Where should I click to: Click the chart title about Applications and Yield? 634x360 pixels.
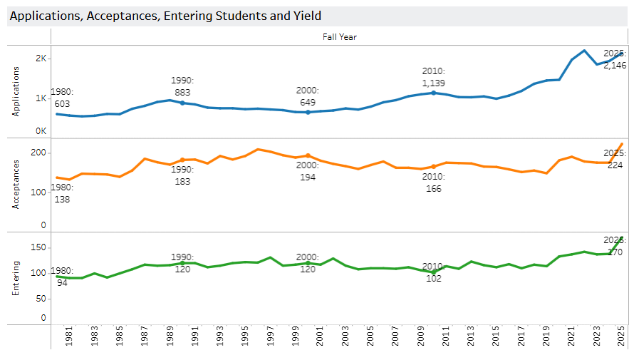tap(165, 15)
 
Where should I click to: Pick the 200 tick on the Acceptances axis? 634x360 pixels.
tap(38, 153)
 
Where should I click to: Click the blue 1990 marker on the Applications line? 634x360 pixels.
tap(182, 103)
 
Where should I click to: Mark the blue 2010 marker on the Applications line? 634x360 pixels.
tap(433, 93)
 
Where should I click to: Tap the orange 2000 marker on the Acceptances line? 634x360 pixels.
tap(308, 155)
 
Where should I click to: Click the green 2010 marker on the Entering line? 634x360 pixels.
tap(433, 272)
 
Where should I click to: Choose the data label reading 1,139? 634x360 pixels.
tap(433, 83)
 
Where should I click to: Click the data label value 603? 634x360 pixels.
tap(62, 104)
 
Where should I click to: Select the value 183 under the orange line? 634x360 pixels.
tap(182, 182)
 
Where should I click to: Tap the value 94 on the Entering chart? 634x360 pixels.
tap(62, 283)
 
